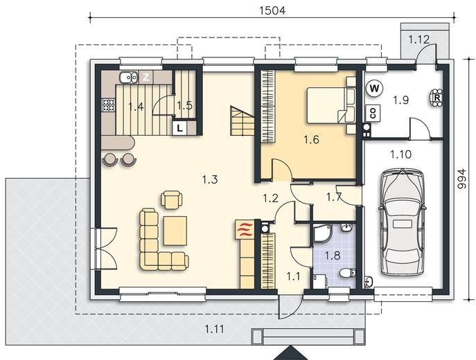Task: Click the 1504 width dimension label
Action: [x=272, y=10]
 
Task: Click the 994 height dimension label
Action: [x=461, y=179]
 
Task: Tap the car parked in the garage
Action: [x=402, y=222]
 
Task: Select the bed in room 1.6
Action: [x=331, y=105]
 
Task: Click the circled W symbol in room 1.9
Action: [x=374, y=89]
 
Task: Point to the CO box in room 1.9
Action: [x=373, y=113]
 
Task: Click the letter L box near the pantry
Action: [x=179, y=128]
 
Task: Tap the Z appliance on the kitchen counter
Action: [x=146, y=77]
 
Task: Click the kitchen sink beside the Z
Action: [x=129, y=77]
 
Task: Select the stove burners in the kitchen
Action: [x=108, y=105]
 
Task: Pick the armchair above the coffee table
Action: [x=172, y=199]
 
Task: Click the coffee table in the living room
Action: [x=175, y=231]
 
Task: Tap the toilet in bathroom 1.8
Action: [x=347, y=273]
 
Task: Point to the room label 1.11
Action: [x=215, y=329]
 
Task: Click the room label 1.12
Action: [x=418, y=39]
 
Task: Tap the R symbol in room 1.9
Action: [x=437, y=98]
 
